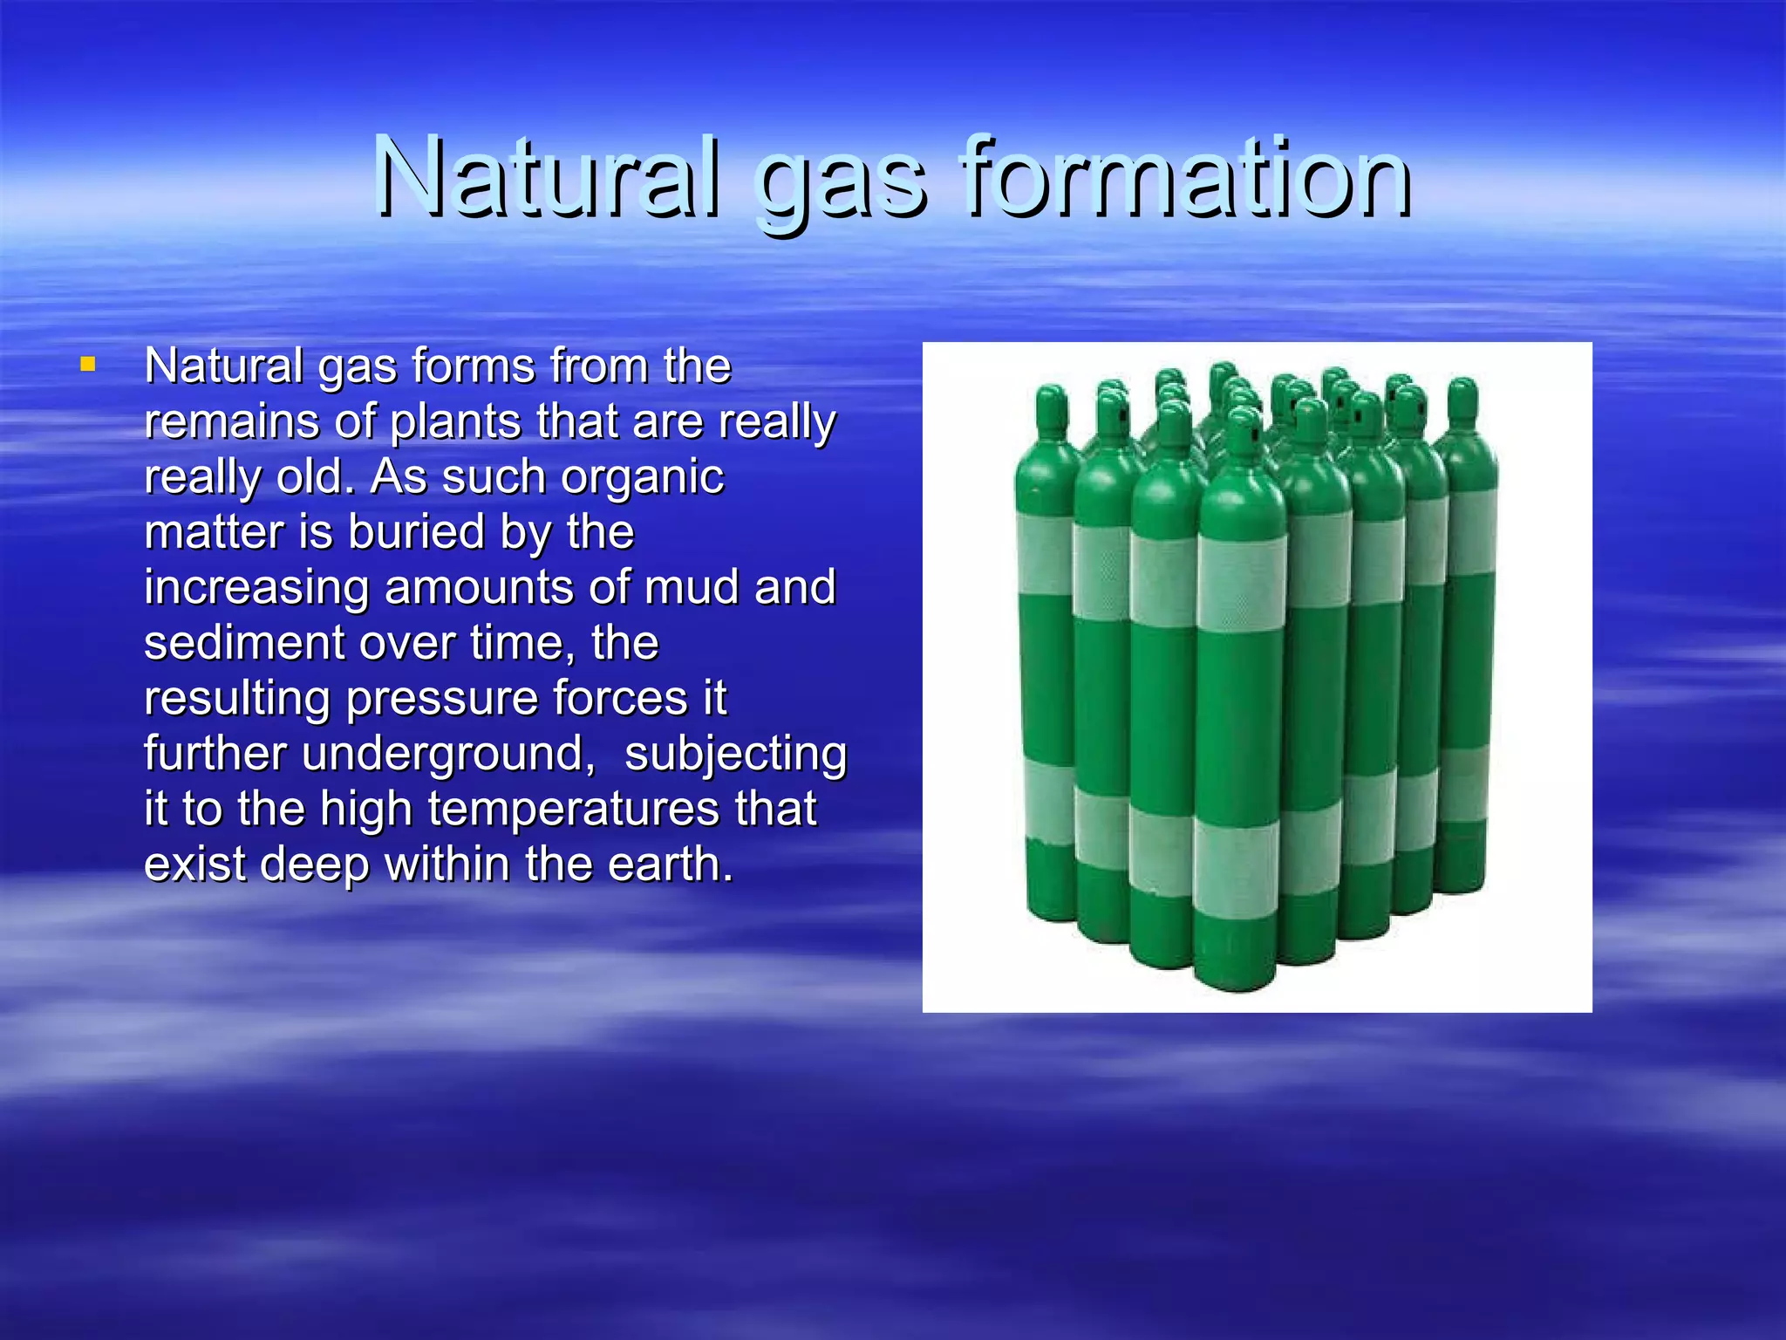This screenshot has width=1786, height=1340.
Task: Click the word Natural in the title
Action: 547,179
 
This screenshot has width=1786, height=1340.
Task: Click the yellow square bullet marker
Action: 87,364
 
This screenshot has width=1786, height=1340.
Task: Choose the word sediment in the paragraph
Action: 244,643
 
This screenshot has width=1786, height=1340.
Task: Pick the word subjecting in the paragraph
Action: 735,755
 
